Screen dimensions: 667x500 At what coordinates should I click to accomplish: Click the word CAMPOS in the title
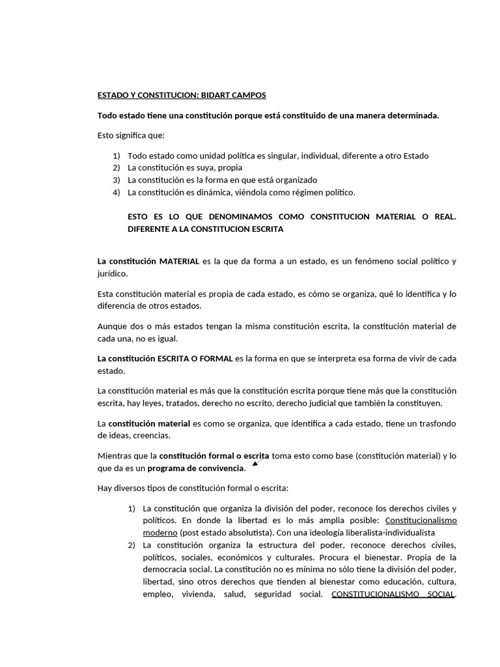pos(248,95)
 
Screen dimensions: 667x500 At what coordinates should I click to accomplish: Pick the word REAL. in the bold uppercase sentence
pos(443,217)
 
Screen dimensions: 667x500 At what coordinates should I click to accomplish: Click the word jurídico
pos(113,274)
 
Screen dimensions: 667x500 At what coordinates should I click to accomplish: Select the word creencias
pos(151,435)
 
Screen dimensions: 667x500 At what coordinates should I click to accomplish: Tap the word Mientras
pos(115,455)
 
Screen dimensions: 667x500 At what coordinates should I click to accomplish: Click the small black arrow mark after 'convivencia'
pos(255,463)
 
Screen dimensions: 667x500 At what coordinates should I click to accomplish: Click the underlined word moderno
pos(156,532)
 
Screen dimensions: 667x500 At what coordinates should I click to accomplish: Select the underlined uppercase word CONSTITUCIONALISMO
pos(371,594)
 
